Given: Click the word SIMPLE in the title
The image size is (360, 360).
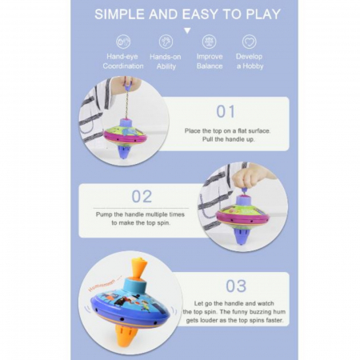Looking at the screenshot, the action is click(119, 14).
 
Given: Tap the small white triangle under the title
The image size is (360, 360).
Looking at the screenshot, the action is click(187, 31).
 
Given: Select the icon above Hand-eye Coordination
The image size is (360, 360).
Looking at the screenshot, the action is click(123, 42).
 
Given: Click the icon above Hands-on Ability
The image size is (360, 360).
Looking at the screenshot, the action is click(166, 42).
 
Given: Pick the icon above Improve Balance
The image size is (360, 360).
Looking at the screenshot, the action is click(209, 42).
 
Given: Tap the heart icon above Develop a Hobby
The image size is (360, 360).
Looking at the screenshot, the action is click(250, 42).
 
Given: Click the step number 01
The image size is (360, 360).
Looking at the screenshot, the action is click(226, 111).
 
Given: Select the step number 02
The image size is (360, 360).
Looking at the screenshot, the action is click(142, 197).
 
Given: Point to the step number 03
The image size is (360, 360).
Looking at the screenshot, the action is click(236, 286).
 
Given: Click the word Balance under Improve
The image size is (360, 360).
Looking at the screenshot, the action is click(210, 66).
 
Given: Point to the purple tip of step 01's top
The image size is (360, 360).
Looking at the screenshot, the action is click(123, 152).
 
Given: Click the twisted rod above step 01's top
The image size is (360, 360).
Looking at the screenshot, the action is click(128, 104).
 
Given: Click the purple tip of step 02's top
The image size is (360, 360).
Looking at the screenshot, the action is click(241, 236).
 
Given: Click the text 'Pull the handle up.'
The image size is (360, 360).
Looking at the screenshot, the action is click(228, 139).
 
